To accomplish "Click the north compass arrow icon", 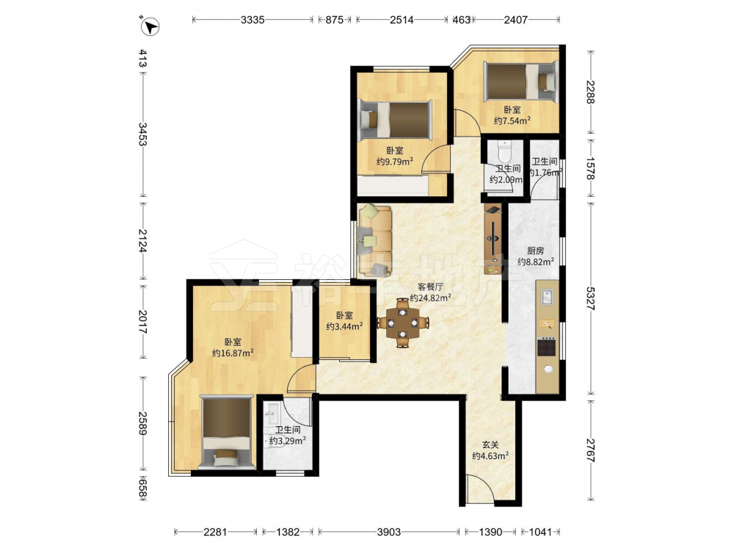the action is click(150, 26).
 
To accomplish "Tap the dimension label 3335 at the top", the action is click(252, 20).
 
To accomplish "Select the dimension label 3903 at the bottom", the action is click(389, 532).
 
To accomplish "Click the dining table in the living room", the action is click(402, 323).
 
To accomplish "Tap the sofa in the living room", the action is click(375, 241).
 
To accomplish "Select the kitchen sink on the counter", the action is click(547, 297).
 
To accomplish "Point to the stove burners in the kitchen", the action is click(546, 346).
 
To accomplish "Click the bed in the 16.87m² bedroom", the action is click(227, 433).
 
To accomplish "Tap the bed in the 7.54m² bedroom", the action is click(520, 81).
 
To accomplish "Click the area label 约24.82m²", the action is click(430, 298).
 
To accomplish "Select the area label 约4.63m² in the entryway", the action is click(490, 455).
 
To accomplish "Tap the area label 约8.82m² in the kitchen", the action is click(536, 262).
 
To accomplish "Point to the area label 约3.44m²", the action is click(344, 327).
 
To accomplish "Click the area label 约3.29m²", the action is click(288, 441).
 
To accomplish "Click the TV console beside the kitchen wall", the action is click(493, 239).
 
